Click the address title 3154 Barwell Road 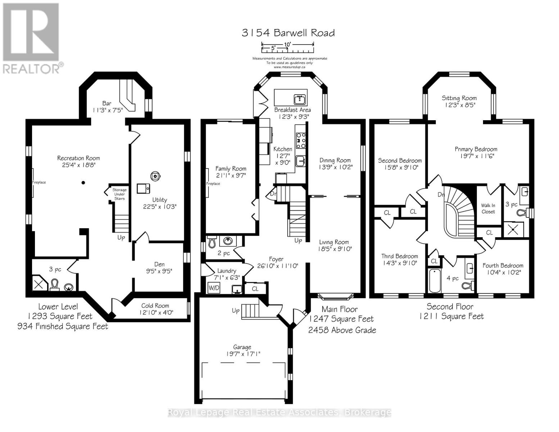[288, 33]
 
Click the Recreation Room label [78, 158]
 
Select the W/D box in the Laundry [214, 288]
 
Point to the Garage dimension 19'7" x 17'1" [242, 354]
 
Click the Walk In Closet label [488, 208]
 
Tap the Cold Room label [155, 306]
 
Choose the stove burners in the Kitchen [301, 140]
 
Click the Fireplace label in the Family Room [213, 184]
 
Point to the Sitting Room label [459, 98]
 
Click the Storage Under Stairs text [120, 194]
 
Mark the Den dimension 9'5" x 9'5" [159, 271]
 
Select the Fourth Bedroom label [502, 266]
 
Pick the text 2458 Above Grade [342, 330]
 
